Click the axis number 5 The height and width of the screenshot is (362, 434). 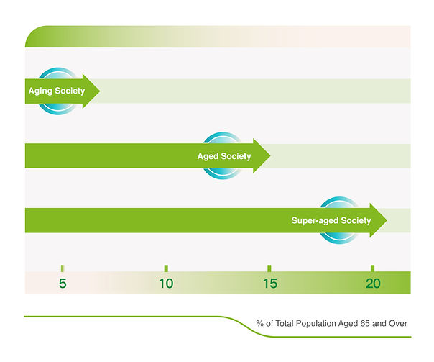pyautogui.click(x=63, y=284)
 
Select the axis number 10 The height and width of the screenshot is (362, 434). pyautogui.click(x=166, y=284)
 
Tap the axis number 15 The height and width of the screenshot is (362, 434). pyautogui.click(x=270, y=284)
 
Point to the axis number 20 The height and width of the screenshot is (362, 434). pyautogui.click(x=373, y=284)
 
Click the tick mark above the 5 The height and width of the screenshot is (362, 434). pyautogui.click(x=63, y=268)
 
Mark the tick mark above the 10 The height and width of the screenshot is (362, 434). pyautogui.click(x=166, y=268)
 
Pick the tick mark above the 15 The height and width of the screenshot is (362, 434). pyautogui.click(x=269, y=268)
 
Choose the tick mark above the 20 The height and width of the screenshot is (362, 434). pyautogui.click(x=372, y=268)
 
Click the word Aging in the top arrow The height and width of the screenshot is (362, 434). pyautogui.click(x=40, y=91)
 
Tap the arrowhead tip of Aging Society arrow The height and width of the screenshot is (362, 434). pyautogui.click(x=100, y=91)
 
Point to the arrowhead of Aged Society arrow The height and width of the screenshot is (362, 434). pyautogui.click(x=262, y=155)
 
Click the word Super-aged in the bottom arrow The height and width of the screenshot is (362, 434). pyautogui.click(x=315, y=221)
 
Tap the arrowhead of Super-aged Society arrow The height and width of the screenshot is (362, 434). pyautogui.click(x=379, y=220)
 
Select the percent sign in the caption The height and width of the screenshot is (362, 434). pyautogui.click(x=259, y=323)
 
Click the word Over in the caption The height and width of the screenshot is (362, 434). pyautogui.click(x=398, y=323)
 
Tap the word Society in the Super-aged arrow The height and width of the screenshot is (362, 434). pyautogui.click(x=356, y=221)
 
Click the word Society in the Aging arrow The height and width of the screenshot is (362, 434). pyautogui.click(x=70, y=91)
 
